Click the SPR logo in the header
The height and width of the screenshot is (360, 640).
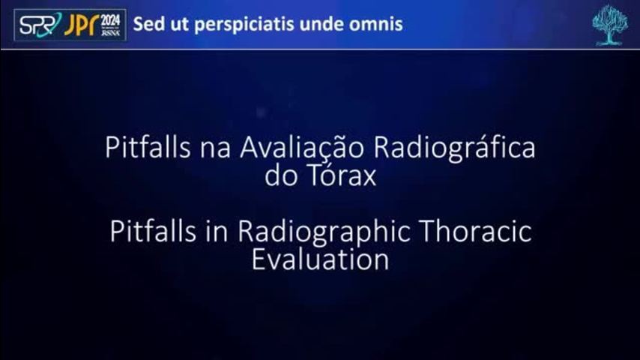(x=40, y=25)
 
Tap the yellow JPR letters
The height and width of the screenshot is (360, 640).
(x=81, y=25)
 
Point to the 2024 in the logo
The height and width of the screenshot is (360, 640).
(x=111, y=20)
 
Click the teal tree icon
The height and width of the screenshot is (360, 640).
(x=610, y=25)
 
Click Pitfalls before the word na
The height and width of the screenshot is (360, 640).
(x=148, y=147)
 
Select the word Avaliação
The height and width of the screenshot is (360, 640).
(x=301, y=147)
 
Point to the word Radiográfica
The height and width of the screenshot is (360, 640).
(x=454, y=148)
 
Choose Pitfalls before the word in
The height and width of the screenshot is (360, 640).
(x=153, y=231)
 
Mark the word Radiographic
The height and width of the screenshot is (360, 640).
(x=324, y=232)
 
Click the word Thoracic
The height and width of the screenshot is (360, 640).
(x=476, y=231)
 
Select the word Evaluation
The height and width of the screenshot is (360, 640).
(x=320, y=259)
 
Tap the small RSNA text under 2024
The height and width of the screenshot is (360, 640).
(x=111, y=33)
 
